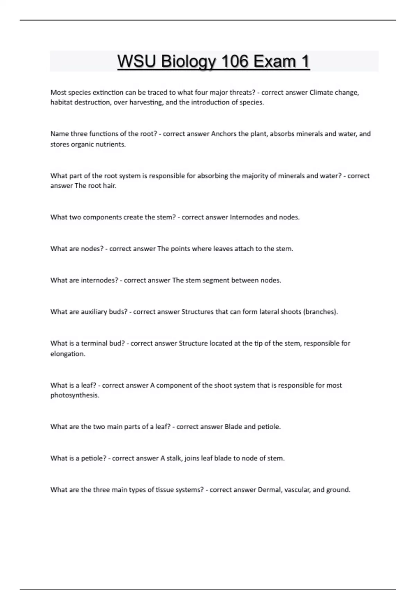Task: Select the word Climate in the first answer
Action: pos(321,93)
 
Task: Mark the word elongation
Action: pos(68,354)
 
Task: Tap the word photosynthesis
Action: pos(75,395)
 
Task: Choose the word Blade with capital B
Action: pos(233,427)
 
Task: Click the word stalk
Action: pos(174,458)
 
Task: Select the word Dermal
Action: pos(270,490)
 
